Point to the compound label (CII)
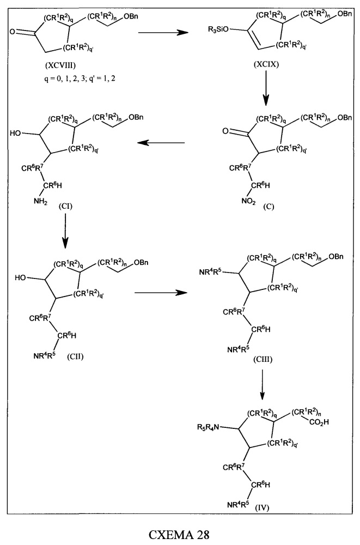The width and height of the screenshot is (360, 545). coord(75,356)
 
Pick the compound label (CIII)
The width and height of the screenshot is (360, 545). coord(263,359)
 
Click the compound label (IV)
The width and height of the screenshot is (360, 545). coord(263,508)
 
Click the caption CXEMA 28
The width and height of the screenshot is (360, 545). coord(180,534)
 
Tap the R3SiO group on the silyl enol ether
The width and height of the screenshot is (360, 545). coord(218,30)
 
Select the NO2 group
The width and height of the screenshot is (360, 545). coord(248,201)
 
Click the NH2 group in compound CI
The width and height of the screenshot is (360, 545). coord(40,201)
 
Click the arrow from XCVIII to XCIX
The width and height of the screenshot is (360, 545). coord(163,33)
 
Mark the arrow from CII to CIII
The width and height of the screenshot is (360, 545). coord(161,292)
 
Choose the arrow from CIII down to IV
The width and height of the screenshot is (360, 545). coord(263,384)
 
